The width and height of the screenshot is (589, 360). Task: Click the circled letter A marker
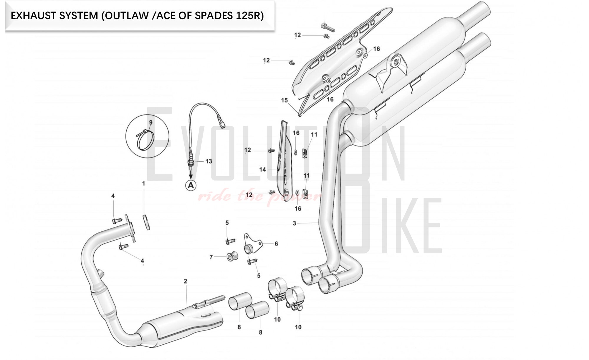[191, 185]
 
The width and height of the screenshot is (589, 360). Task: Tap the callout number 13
[209, 161]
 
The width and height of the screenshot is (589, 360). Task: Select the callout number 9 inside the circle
[151, 122]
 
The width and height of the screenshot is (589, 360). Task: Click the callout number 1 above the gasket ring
[144, 184]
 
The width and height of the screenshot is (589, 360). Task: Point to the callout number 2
[186, 281]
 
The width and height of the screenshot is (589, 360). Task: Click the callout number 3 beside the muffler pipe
[294, 223]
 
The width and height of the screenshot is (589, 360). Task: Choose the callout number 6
[276, 244]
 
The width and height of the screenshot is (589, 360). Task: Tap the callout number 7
[211, 257]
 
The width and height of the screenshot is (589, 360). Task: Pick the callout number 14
[262, 169]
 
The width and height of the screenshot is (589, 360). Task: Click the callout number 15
[284, 100]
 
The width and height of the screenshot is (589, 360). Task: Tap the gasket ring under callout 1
[147, 222]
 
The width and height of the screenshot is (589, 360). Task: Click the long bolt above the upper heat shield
[327, 27]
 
